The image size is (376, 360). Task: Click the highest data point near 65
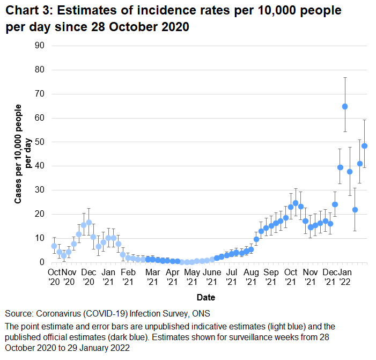345,106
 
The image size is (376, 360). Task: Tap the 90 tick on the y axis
40,46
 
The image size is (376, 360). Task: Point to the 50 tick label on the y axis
40,142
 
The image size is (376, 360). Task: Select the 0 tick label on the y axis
42,262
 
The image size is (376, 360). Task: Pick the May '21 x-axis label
191,276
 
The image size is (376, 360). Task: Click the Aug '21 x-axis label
251,276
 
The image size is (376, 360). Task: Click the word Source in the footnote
19,313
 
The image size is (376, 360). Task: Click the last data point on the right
365,145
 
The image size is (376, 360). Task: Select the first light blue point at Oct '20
54,246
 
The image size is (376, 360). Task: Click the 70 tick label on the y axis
40,94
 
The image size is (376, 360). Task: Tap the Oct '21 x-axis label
291,276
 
